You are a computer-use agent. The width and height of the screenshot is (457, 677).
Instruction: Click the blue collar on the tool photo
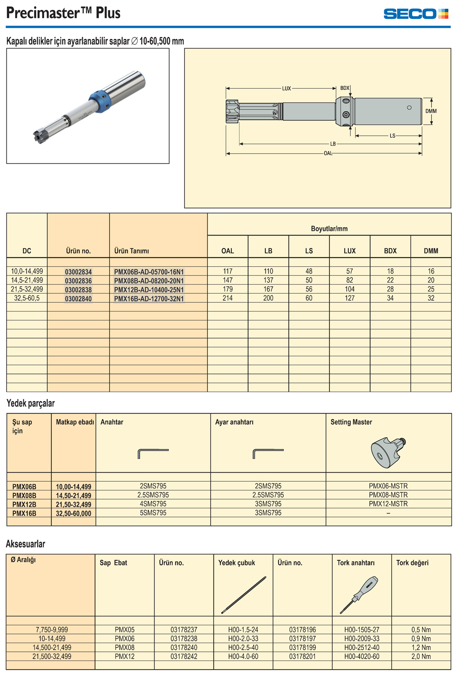tap(100, 102)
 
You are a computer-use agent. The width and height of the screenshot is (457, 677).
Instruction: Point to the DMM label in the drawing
tap(431, 111)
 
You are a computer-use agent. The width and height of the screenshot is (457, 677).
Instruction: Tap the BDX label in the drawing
tap(345, 88)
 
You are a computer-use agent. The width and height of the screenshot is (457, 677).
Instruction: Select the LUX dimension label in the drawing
tap(287, 89)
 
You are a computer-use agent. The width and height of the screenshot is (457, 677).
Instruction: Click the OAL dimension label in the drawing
tap(328, 153)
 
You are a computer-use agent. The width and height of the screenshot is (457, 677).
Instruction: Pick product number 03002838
tap(78, 290)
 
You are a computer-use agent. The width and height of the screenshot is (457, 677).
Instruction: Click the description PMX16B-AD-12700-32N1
tap(149, 299)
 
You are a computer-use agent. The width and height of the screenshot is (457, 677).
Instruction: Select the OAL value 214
tap(228, 298)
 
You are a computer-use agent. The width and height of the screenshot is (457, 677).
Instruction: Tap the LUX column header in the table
tap(350, 251)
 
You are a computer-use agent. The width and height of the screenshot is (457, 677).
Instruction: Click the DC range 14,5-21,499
tap(27, 280)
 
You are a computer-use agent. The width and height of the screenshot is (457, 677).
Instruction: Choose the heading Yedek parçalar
tap(31, 403)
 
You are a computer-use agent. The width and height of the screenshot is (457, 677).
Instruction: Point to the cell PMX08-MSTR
tap(388, 495)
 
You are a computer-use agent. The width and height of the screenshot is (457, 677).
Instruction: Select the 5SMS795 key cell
tap(153, 513)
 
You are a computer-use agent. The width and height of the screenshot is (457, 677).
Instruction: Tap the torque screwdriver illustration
tap(359, 595)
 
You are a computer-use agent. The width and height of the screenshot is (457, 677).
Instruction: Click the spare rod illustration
tap(244, 595)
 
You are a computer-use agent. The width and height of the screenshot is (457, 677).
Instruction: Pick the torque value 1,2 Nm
tap(421, 648)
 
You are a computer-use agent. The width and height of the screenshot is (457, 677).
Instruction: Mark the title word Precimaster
tap(43, 13)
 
